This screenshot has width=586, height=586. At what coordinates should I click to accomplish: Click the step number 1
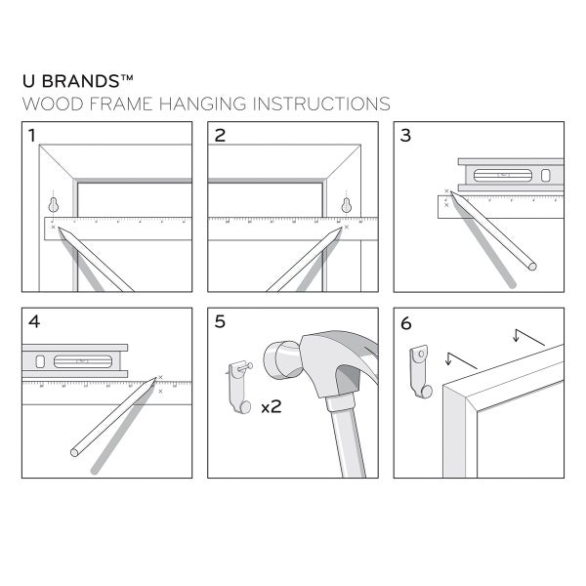pyautogui.click(x=34, y=137)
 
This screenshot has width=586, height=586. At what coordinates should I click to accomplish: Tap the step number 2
pyautogui.click(x=220, y=137)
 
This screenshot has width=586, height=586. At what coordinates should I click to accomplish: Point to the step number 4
pyautogui.click(x=34, y=322)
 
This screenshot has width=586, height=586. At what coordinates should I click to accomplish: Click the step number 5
pyautogui.click(x=220, y=322)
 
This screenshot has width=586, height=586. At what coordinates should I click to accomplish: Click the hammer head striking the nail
pyautogui.click(x=281, y=361)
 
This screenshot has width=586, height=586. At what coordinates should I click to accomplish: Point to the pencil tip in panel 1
pyautogui.click(x=60, y=230)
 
